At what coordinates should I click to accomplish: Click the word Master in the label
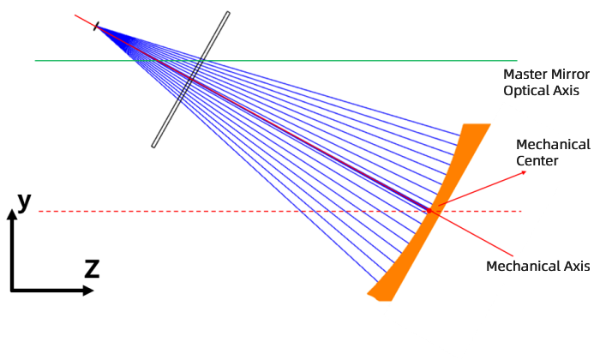tap(523, 74)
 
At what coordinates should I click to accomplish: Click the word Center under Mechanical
tap(537, 160)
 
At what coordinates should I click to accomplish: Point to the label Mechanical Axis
tap(538, 266)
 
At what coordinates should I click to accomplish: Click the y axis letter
tap(24, 201)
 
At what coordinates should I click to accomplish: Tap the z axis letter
tap(92, 268)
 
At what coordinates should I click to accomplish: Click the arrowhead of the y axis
tap(12, 214)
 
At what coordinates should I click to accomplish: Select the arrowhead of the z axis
tap(88, 291)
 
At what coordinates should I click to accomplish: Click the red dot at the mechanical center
tap(429, 210)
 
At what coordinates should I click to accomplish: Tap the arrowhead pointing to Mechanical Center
tap(525, 172)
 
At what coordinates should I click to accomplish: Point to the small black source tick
tap(96, 27)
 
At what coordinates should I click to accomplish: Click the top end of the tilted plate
tap(228, 13)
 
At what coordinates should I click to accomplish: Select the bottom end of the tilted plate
tap(153, 146)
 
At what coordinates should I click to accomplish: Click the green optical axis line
tap(276, 60)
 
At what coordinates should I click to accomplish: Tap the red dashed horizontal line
tap(280, 211)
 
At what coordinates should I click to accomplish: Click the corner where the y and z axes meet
tap(12, 291)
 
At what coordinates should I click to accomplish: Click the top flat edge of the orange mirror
tap(477, 124)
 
